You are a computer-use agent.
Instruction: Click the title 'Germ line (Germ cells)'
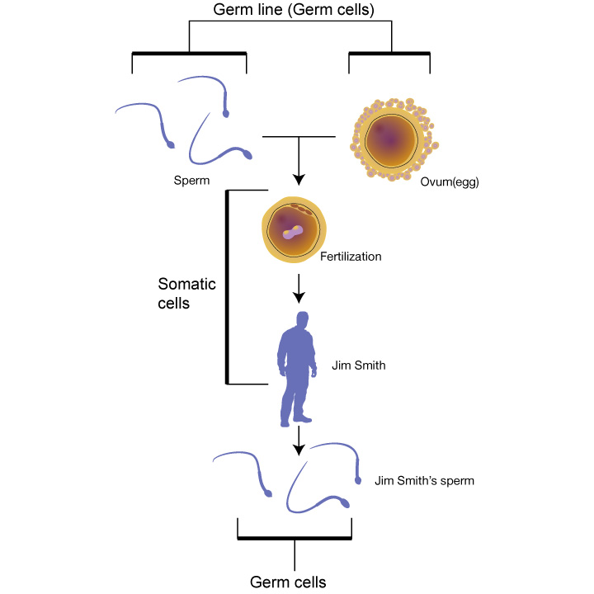click(x=294, y=10)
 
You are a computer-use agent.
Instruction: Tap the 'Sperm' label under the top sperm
click(x=191, y=181)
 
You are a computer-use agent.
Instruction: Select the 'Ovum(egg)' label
click(x=450, y=182)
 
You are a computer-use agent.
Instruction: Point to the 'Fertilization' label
click(x=351, y=257)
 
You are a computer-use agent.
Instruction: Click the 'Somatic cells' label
click(x=186, y=294)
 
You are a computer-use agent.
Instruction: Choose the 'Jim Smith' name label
click(x=359, y=365)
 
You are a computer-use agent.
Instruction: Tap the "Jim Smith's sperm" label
click(x=424, y=481)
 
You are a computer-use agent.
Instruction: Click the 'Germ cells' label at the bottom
click(x=288, y=582)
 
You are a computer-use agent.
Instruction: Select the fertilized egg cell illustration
click(x=294, y=229)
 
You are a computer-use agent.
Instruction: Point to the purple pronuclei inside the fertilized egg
click(x=293, y=232)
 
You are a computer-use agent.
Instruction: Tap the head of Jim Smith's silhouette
click(x=302, y=319)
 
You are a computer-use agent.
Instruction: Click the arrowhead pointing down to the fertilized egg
click(x=299, y=180)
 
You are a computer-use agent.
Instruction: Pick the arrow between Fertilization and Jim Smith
click(x=299, y=289)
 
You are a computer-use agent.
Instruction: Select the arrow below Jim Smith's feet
click(x=299, y=441)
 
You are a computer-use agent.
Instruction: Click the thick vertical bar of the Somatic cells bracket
click(x=228, y=287)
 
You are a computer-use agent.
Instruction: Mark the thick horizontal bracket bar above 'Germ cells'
click(x=295, y=538)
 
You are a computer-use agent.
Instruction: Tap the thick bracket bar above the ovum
click(x=389, y=54)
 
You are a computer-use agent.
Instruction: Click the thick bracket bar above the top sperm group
click(x=190, y=54)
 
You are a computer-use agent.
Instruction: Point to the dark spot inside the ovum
click(x=389, y=140)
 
